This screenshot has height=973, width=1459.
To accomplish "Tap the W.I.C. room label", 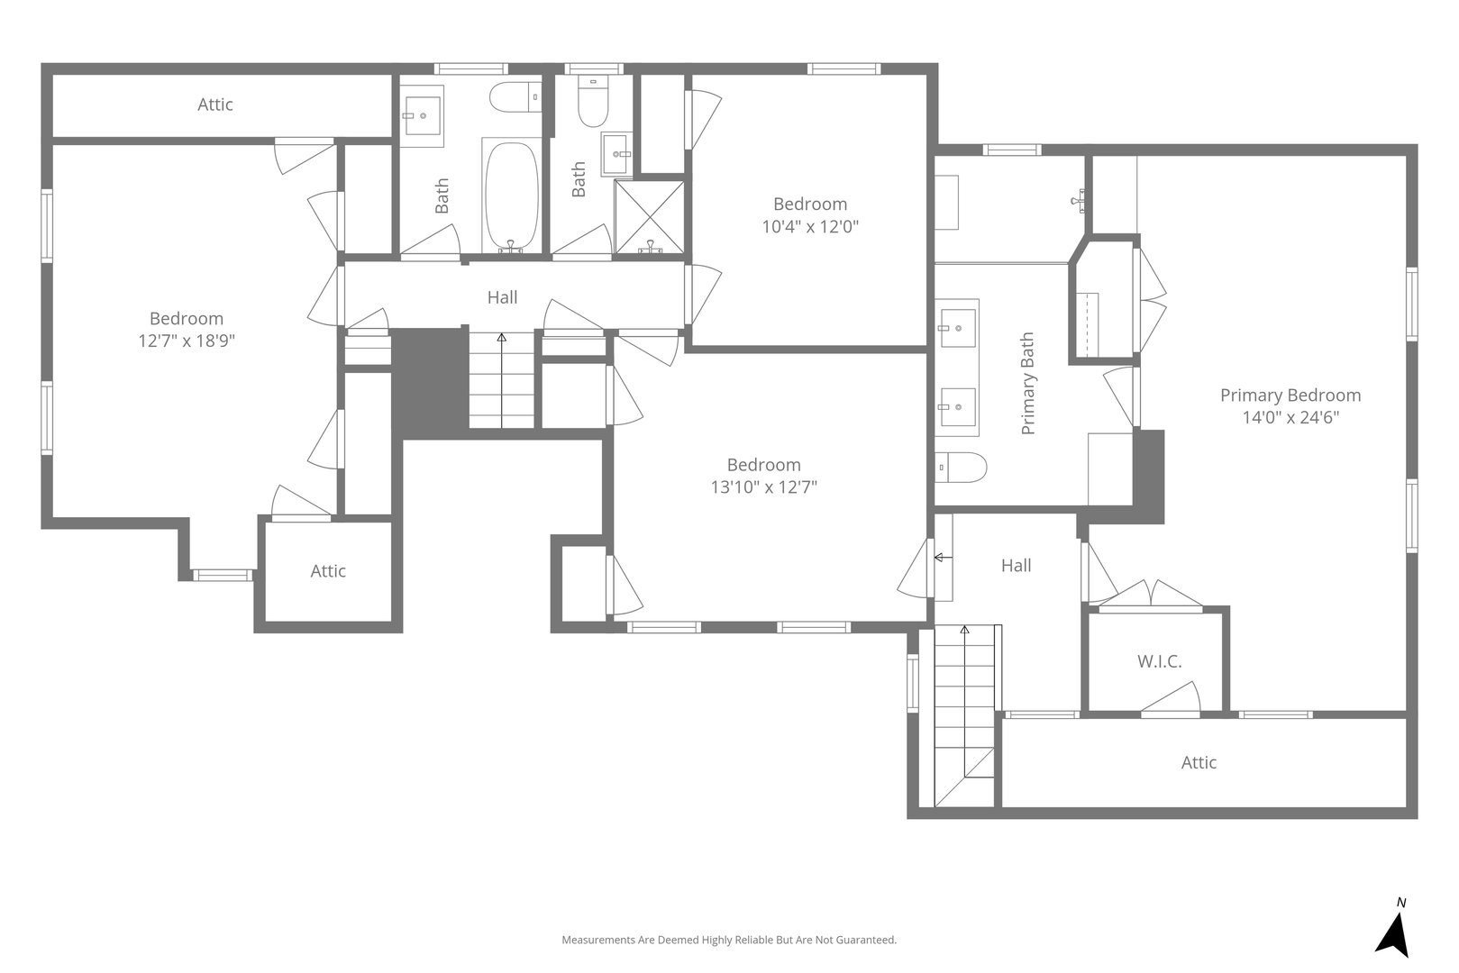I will tap(1159, 662).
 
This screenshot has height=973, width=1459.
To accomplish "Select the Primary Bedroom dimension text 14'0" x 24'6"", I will tap(1290, 418).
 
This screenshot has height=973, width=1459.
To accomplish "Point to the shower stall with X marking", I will tap(649, 215).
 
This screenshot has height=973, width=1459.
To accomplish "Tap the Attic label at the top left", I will tap(215, 105).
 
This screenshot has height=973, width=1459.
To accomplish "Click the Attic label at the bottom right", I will tap(1199, 763).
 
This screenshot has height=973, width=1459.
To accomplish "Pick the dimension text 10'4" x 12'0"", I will tap(809, 227).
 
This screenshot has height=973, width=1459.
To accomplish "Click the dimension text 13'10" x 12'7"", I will tap(763, 487).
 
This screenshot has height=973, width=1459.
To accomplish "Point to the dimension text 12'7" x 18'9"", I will tap(187, 341).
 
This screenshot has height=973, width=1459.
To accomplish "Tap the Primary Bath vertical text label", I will tap(1027, 384).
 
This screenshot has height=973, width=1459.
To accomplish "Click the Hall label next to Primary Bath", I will tap(1016, 566).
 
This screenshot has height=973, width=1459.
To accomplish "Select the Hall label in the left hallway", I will tap(502, 297).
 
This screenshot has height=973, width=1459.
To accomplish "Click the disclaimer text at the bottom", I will tap(729, 940).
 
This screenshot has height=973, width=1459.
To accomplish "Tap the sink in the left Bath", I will tap(422, 115).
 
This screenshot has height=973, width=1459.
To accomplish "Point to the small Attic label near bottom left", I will tap(328, 571).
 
